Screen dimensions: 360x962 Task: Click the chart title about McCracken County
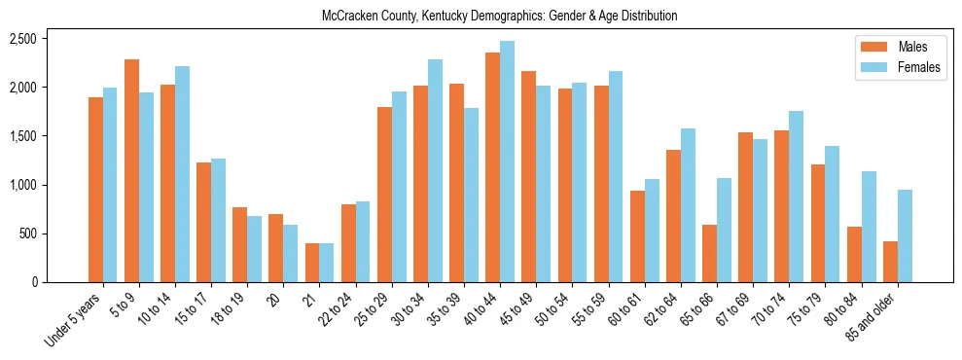point(499,17)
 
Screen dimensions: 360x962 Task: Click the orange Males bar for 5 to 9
point(131,171)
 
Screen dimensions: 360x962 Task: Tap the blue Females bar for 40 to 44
point(507,162)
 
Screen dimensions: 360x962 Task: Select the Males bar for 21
point(312,263)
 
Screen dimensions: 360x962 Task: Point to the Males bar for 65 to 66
point(709,254)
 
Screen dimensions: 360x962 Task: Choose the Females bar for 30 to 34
point(435,171)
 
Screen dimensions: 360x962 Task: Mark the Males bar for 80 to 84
point(854,255)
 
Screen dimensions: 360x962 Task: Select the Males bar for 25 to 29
point(384,195)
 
